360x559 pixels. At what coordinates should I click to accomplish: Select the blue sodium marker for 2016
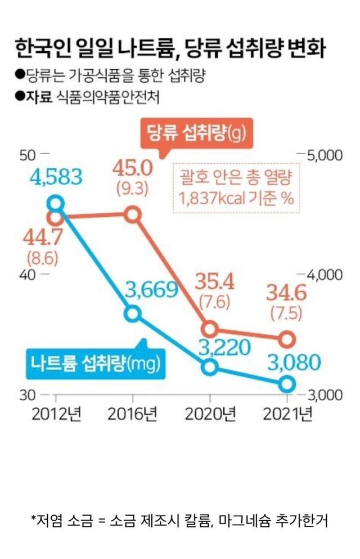click(x=133, y=314)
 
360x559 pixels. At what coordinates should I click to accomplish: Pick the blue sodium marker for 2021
click(x=287, y=384)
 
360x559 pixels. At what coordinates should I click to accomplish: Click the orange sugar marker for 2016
click(x=133, y=214)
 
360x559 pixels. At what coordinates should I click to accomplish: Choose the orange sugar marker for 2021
click(x=287, y=339)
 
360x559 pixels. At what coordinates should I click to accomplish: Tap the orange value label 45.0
click(x=133, y=168)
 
